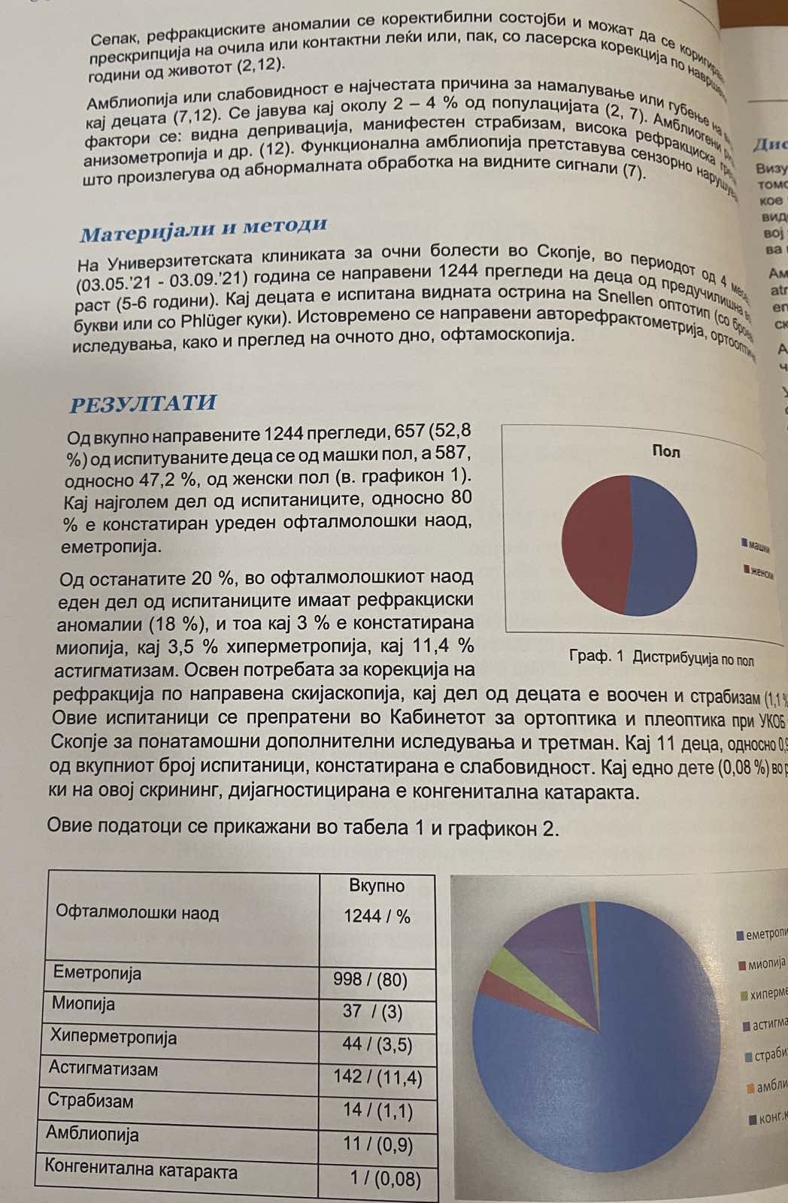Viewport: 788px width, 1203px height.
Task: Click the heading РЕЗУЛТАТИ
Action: [142, 403]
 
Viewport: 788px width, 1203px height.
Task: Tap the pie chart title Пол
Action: [665, 451]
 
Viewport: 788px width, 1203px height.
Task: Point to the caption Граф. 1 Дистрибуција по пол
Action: [661, 658]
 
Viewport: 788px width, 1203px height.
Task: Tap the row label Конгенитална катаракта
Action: [141, 1171]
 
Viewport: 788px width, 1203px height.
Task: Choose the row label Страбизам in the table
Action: [90, 1101]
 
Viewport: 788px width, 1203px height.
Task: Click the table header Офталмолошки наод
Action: [138, 914]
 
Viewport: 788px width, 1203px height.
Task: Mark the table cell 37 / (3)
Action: [372, 1012]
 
